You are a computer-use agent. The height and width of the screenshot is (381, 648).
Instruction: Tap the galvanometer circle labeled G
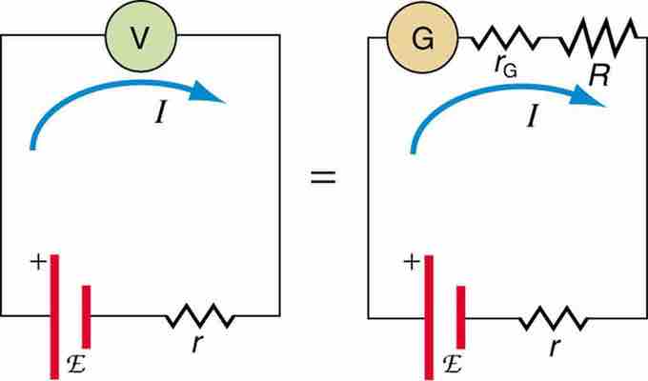tap(422, 39)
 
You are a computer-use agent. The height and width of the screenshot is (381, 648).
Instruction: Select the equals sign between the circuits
tap(325, 178)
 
